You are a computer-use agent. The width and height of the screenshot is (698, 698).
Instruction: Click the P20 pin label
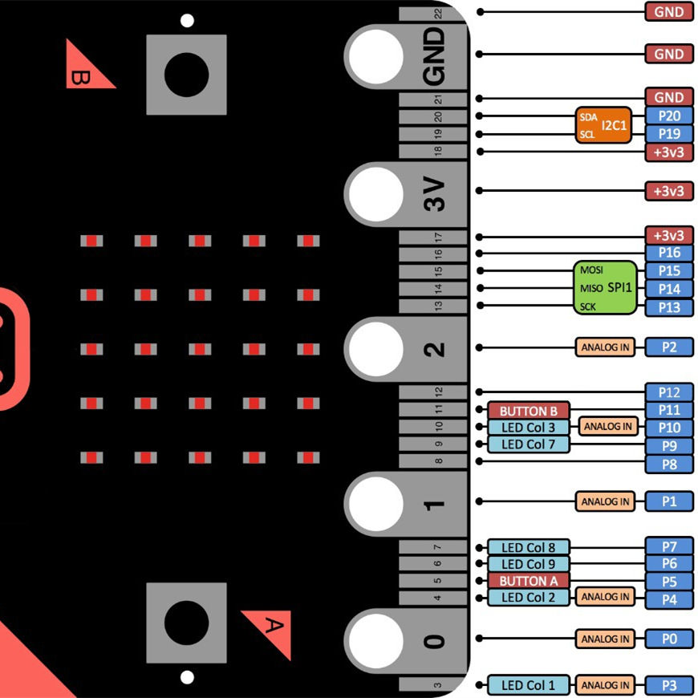pyautogui.click(x=669, y=116)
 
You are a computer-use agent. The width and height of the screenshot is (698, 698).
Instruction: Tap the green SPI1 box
pyautogui.click(x=606, y=287)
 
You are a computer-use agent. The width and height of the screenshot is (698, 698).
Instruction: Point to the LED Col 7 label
pyautogui.click(x=529, y=444)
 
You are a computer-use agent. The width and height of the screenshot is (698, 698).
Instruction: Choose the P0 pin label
pyautogui.click(x=669, y=639)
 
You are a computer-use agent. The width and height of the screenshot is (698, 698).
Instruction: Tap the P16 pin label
pyautogui.click(x=669, y=254)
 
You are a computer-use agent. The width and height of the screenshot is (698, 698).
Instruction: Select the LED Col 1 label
pyautogui.click(x=529, y=685)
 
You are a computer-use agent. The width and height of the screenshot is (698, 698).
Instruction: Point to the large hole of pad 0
pyautogui.click(x=375, y=639)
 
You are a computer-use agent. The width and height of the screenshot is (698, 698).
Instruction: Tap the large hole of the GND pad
pyautogui.click(x=375, y=55)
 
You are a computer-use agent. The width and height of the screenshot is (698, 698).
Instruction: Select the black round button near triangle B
pyautogui.click(x=186, y=74)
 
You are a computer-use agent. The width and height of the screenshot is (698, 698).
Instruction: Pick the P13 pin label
pyautogui.click(x=669, y=307)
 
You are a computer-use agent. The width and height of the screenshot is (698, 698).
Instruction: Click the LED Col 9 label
pyautogui.click(x=529, y=564)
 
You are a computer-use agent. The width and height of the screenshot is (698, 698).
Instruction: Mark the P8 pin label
pyautogui.click(x=669, y=464)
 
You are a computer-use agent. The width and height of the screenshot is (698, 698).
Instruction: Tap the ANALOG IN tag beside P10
pyautogui.click(x=608, y=426)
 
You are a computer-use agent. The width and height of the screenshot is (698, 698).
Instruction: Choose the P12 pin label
pyautogui.click(x=669, y=392)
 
